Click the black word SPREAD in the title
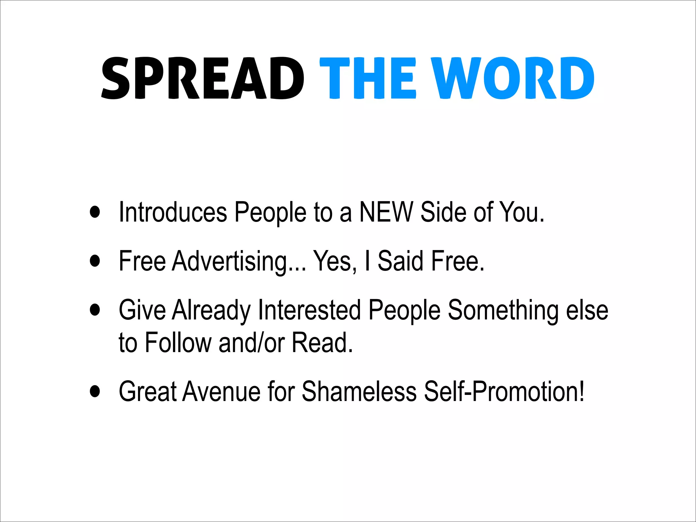pyautogui.click(x=203, y=78)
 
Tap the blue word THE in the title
pyautogui.click(x=368, y=78)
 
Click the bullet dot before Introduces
pyautogui.click(x=95, y=212)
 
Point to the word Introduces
pyautogui.click(x=173, y=212)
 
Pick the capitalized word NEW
pyautogui.click(x=386, y=212)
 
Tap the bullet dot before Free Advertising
pyautogui.click(x=95, y=261)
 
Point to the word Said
pyautogui.click(x=400, y=261)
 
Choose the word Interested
pyautogui.click(x=309, y=310)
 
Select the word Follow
pyautogui.click(x=178, y=343)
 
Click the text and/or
pyautogui.click(x=251, y=343)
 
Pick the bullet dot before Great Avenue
pyautogui.click(x=95, y=391)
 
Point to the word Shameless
pyautogui.click(x=359, y=391)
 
